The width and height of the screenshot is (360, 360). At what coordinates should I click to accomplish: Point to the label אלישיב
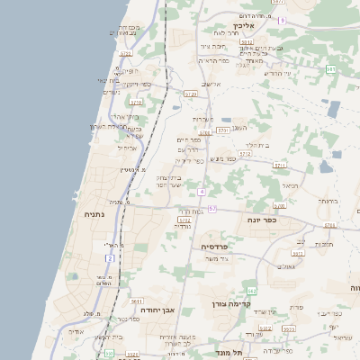point(211,85)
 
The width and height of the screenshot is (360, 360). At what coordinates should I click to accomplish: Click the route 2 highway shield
point(111,258)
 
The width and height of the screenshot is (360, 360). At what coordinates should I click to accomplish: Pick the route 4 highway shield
point(202,192)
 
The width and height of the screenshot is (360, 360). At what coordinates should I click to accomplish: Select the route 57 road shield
point(212,209)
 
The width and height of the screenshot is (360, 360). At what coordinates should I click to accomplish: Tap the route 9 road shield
point(282,20)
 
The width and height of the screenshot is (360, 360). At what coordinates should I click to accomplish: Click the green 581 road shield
point(331,69)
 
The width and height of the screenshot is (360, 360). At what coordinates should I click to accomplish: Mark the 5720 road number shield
point(190,93)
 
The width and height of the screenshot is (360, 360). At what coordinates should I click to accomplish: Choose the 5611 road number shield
point(136,301)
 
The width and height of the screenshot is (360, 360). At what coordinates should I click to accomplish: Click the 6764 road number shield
point(205,132)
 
